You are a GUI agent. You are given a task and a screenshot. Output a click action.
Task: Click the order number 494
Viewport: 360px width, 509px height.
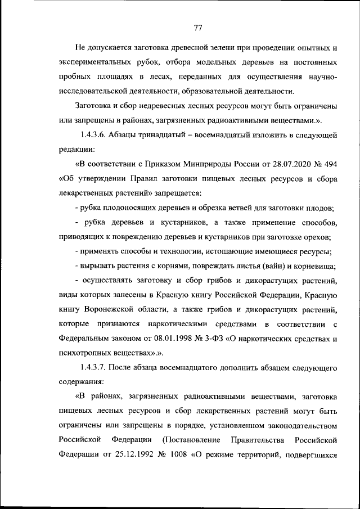(327, 164)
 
